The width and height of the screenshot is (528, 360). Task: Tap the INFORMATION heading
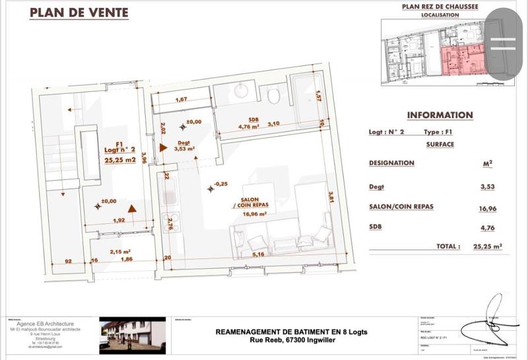(x=440, y=115)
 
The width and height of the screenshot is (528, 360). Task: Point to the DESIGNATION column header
(x=391, y=163)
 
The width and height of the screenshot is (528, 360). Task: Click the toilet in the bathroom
(x=274, y=96)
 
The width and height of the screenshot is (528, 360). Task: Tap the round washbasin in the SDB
(x=240, y=91)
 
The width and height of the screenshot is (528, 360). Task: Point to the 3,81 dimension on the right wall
(x=332, y=197)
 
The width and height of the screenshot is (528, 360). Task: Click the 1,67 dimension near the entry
(x=181, y=100)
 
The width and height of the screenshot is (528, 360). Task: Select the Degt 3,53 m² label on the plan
(x=183, y=146)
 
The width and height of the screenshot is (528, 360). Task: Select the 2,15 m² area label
(x=119, y=252)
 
